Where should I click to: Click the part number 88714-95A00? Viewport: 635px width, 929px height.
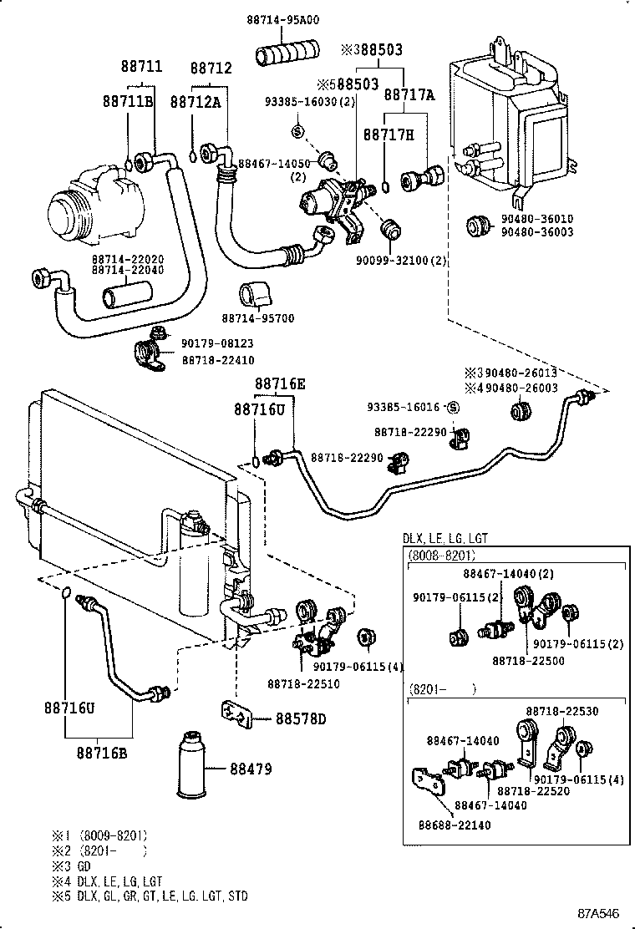[x=283, y=20]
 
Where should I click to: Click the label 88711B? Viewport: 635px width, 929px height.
[x=128, y=101]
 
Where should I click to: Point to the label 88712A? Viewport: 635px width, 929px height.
[x=196, y=101]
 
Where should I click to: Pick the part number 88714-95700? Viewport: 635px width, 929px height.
[x=258, y=318]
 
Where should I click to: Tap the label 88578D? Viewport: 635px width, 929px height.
[x=301, y=718]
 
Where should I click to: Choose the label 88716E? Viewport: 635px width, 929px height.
[x=280, y=384]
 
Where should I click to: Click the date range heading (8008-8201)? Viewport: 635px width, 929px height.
[x=441, y=555]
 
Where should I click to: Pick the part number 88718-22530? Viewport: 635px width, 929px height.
[x=561, y=711]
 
